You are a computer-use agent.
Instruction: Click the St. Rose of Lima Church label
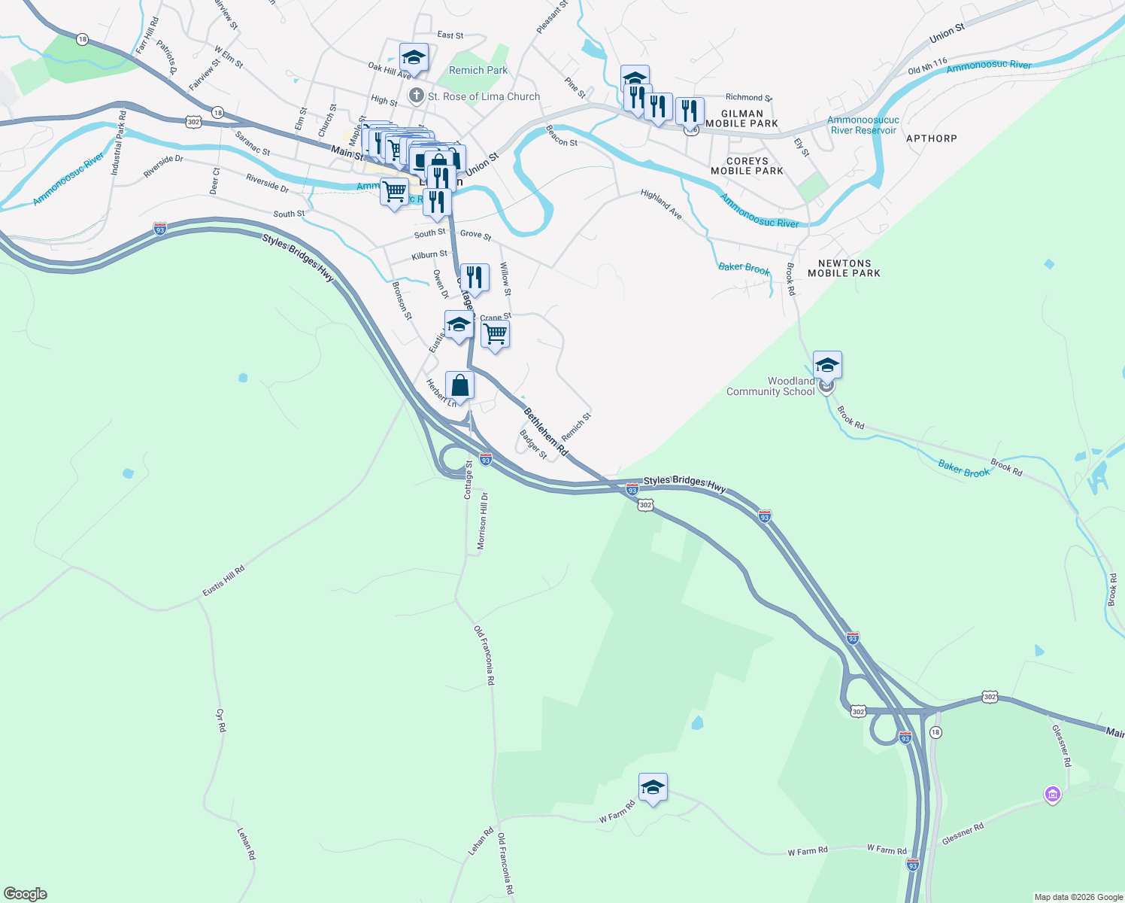pyautogui.click(x=483, y=96)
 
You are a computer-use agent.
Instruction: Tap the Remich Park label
pyautogui.click(x=478, y=70)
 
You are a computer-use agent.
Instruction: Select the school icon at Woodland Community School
pyautogui.click(x=826, y=366)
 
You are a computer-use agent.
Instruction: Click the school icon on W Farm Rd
pyautogui.click(x=652, y=788)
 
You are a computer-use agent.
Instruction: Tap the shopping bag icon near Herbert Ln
pyautogui.click(x=459, y=386)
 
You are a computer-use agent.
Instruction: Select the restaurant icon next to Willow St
pyautogui.click(x=474, y=277)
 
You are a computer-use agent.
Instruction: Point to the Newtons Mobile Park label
pyautogui.click(x=844, y=269)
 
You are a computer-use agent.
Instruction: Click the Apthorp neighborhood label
pyautogui.click(x=931, y=138)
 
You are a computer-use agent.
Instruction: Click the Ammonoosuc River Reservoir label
pyautogui.click(x=863, y=125)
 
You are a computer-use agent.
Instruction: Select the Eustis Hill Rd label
pyautogui.click(x=223, y=581)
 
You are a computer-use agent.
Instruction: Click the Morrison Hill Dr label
pyautogui.click(x=484, y=521)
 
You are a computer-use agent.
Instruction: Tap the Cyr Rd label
pyautogui.click(x=220, y=720)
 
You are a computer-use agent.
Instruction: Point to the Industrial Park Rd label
pyautogui.click(x=117, y=143)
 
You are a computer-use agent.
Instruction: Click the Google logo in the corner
pyautogui.click(x=26, y=893)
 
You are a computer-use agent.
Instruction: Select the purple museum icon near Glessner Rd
pyautogui.click(x=1052, y=795)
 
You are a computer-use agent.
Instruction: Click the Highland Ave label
pyautogui.click(x=662, y=205)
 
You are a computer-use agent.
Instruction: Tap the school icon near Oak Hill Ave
pyautogui.click(x=413, y=58)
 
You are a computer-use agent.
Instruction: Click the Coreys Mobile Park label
pyautogui.click(x=747, y=166)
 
